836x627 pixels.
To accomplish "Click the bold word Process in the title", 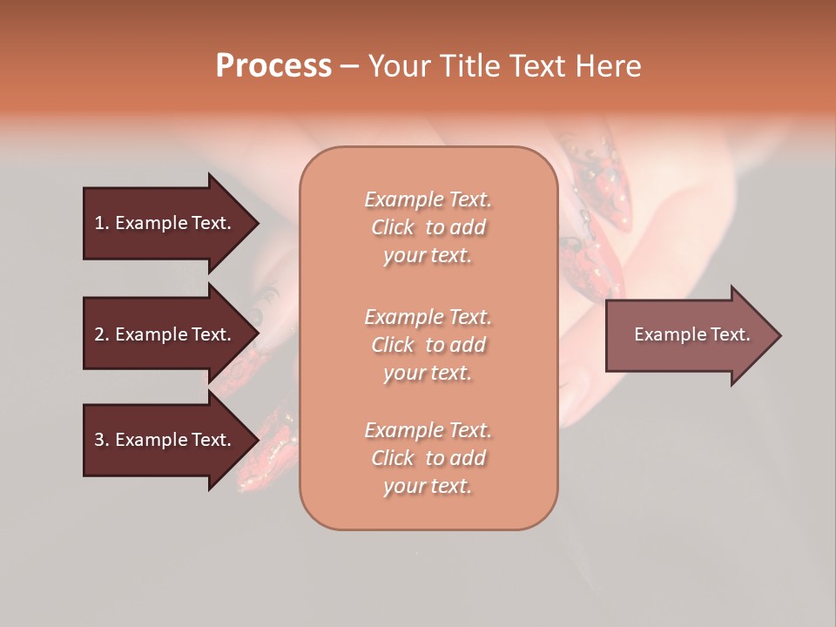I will [x=273, y=66].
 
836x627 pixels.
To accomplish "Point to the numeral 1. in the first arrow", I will [x=102, y=223].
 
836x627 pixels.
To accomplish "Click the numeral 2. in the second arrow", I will [x=102, y=334].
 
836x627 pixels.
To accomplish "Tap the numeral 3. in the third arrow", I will [x=102, y=440].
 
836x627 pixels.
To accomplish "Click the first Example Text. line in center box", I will [x=428, y=199].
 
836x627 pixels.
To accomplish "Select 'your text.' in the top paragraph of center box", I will [x=428, y=256].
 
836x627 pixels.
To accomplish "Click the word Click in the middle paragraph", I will [x=393, y=345].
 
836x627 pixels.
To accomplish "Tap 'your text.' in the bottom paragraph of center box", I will [x=428, y=487].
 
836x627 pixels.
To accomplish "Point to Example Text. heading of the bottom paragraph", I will [x=428, y=430].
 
